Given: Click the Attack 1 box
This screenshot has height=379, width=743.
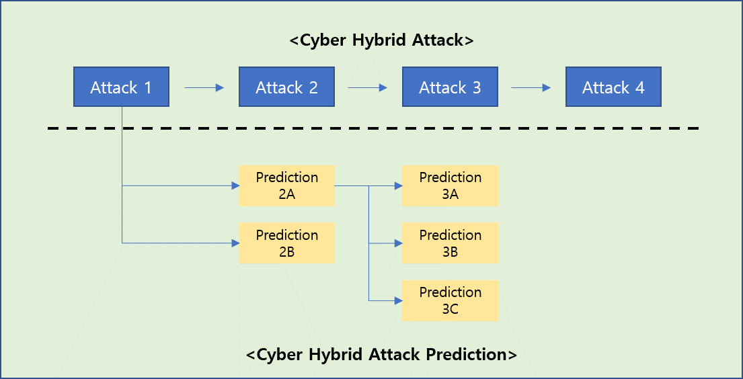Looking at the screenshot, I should click(121, 87).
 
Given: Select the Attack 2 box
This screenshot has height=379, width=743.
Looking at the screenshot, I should click(286, 87).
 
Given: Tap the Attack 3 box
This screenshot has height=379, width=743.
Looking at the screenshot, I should click(450, 87).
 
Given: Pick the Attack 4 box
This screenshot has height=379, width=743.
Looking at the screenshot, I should click(613, 87).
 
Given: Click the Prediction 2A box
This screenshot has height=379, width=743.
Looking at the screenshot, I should click(286, 185).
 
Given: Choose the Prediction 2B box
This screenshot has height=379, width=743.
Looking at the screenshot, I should click(286, 243).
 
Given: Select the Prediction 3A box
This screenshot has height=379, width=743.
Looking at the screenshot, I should click(450, 185).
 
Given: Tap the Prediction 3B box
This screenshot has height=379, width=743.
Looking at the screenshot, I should click(450, 243).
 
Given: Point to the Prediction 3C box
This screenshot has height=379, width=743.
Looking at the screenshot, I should click(450, 300).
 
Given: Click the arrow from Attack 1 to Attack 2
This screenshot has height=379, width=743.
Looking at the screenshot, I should click(204, 87).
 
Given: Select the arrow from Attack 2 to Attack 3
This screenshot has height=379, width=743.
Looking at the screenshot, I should click(368, 87).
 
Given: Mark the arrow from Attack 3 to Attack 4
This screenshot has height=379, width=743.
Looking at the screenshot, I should click(531, 87).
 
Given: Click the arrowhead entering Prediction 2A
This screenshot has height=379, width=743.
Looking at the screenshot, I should click(235, 185).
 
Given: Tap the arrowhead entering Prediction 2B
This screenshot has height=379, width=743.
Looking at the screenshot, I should click(235, 243).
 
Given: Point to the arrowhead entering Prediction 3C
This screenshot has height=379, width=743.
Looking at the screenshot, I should click(398, 300).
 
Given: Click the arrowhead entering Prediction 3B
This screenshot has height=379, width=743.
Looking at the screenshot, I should click(398, 243).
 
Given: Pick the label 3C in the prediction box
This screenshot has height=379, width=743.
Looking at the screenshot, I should click(451, 309).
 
